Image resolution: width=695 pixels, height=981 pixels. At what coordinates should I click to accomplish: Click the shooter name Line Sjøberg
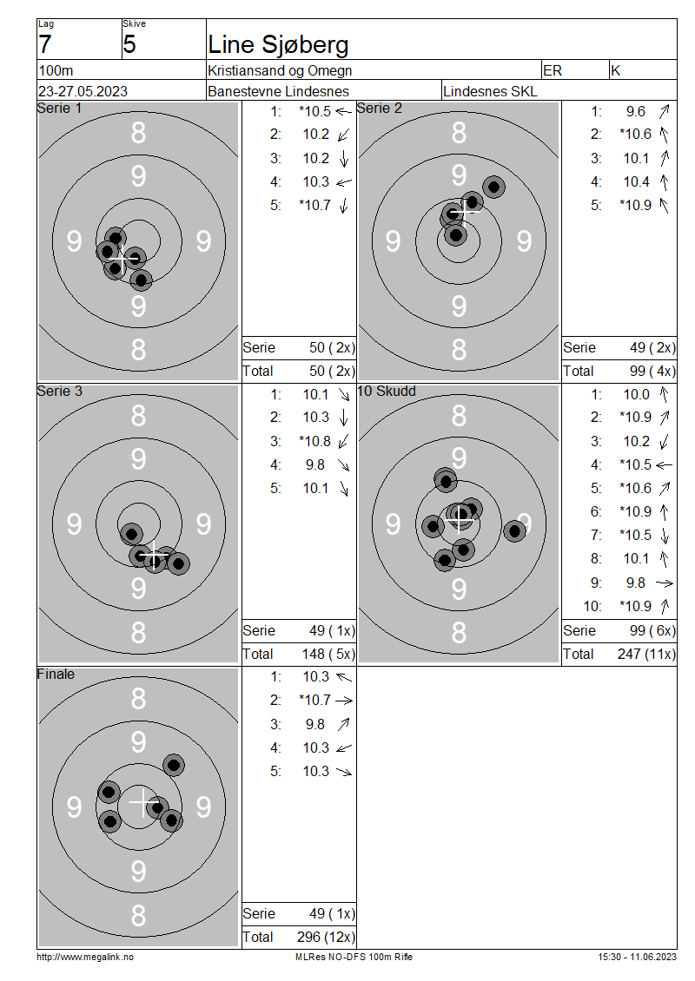(278, 45)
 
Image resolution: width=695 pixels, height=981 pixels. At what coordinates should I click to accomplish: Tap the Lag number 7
(45, 44)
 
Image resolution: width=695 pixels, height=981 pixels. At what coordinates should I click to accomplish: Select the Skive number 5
(129, 44)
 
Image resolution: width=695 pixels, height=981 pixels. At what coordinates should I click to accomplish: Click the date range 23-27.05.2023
(83, 91)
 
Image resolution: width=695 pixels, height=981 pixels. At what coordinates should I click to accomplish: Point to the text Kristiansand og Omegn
(280, 70)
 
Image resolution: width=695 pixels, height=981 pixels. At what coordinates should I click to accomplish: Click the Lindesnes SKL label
(490, 91)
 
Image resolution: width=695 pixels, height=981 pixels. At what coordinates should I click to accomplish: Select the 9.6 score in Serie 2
(636, 111)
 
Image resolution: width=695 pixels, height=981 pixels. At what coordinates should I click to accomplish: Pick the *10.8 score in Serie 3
(315, 441)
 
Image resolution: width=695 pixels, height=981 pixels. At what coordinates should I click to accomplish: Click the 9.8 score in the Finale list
(315, 724)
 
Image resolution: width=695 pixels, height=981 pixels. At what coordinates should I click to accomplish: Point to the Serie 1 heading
(59, 109)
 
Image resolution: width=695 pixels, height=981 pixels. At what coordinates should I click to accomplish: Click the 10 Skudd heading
(387, 391)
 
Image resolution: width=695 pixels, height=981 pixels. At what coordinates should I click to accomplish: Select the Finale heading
(56, 674)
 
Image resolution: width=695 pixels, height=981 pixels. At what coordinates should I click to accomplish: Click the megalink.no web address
(85, 957)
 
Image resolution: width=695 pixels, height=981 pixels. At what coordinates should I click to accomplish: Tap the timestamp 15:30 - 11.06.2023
(638, 957)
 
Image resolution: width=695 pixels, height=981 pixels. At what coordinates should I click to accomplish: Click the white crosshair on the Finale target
(143, 801)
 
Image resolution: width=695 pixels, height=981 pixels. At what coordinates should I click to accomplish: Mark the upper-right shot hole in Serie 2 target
(494, 187)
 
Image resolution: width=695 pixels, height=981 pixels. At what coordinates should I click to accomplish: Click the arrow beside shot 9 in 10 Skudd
(665, 583)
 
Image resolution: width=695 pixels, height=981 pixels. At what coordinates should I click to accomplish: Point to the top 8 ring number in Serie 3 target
(138, 416)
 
